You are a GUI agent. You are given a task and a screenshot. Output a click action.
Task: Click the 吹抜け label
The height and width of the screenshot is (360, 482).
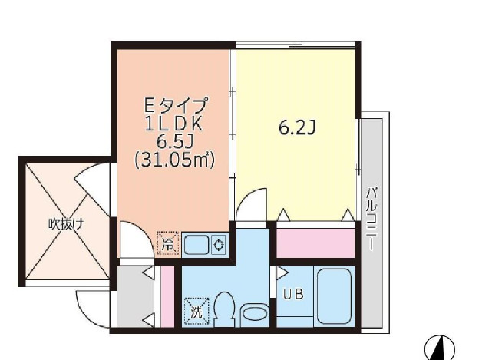65,224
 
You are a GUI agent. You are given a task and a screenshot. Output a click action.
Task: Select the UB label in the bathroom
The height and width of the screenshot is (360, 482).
292,293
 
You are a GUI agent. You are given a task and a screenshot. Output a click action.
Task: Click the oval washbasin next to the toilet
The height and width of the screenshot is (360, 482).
253,313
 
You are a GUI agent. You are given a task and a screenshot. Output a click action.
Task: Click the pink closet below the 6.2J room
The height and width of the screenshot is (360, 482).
315,243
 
